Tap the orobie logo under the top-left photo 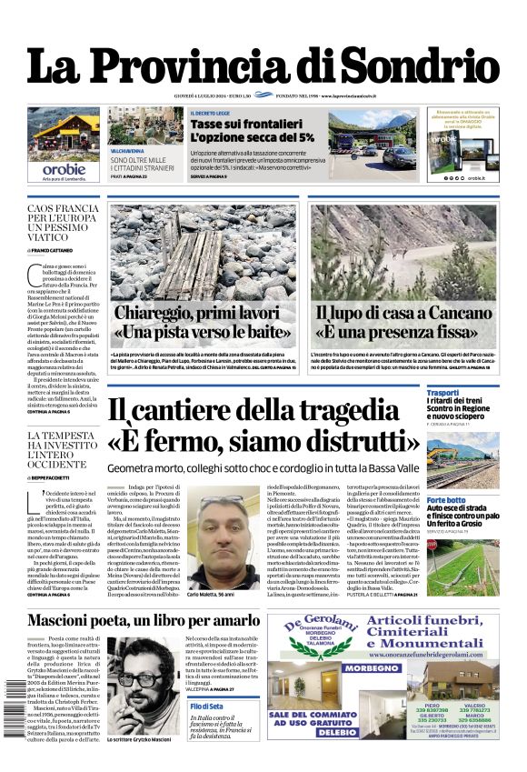pyautogui.click(x=63, y=169)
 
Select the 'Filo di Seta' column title pyautogui.click(x=206, y=706)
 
